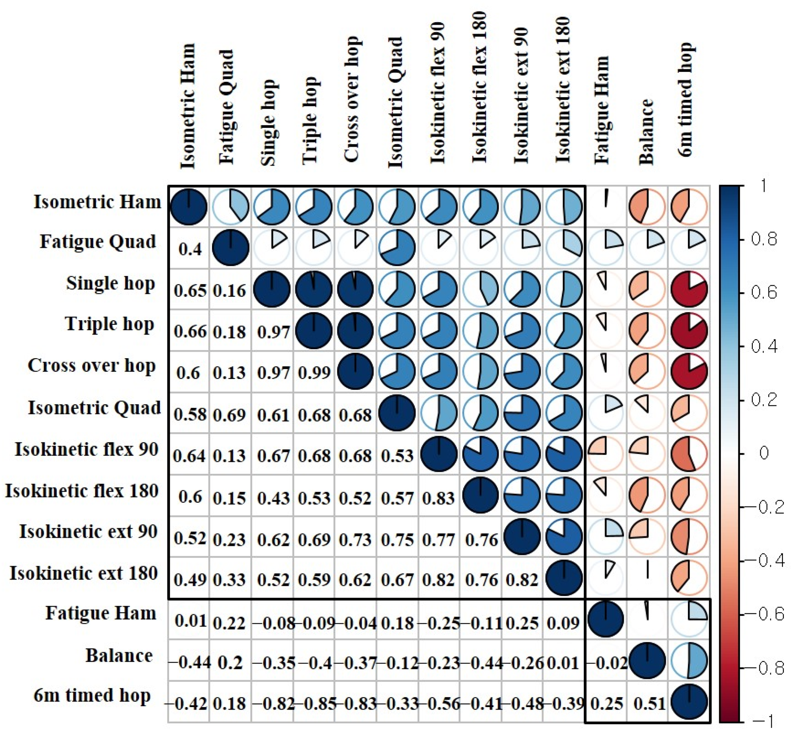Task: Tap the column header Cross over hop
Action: pyautogui.click(x=352, y=99)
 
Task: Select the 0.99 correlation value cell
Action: pyautogui.click(x=314, y=373)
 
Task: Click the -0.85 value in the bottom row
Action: pyautogui.click(x=314, y=704)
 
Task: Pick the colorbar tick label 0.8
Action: pyautogui.click(x=764, y=239)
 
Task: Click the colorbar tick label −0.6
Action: pyautogui.click(x=764, y=614)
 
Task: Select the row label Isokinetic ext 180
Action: pyautogui.click(x=84, y=573)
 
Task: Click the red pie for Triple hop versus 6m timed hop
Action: pyautogui.click(x=689, y=331)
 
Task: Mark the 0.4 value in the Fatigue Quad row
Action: pyautogui.click(x=190, y=249)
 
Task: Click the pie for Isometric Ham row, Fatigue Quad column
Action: pyautogui.click(x=231, y=207)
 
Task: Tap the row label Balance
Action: pyautogui.click(x=119, y=656)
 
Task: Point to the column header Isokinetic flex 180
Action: pyautogui.click(x=479, y=88)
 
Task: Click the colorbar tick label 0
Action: pyautogui.click(x=764, y=453)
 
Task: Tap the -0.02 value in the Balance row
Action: pyautogui.click(x=607, y=663)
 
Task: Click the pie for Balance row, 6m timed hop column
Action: pyautogui.click(x=689, y=661)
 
